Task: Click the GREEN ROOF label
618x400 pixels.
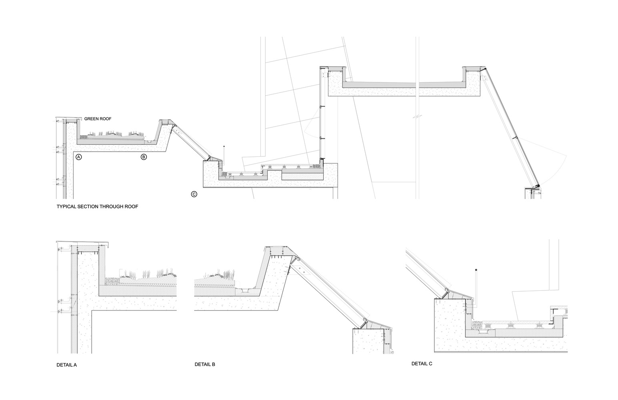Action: pyautogui.click(x=98, y=119)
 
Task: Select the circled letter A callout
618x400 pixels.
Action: pyautogui.click(x=79, y=157)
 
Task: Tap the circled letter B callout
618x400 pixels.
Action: pyautogui.click(x=144, y=157)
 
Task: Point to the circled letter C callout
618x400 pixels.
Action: pyautogui.click(x=194, y=194)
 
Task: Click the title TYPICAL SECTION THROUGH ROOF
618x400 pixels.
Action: pyautogui.click(x=97, y=206)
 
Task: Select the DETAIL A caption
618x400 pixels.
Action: pyautogui.click(x=67, y=365)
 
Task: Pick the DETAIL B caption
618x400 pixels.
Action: pyautogui.click(x=205, y=364)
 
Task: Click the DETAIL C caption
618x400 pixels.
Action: pyautogui.click(x=422, y=364)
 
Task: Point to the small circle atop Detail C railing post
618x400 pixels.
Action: pyautogui.click(x=476, y=270)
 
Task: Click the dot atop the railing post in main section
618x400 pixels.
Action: pyautogui.click(x=224, y=146)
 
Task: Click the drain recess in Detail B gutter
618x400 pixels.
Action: pyautogui.click(x=244, y=290)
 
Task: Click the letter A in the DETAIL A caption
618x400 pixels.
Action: pyautogui.click(x=75, y=365)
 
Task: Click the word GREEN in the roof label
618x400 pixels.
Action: pyautogui.click(x=91, y=119)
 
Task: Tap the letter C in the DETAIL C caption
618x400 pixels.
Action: pyautogui.click(x=430, y=364)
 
